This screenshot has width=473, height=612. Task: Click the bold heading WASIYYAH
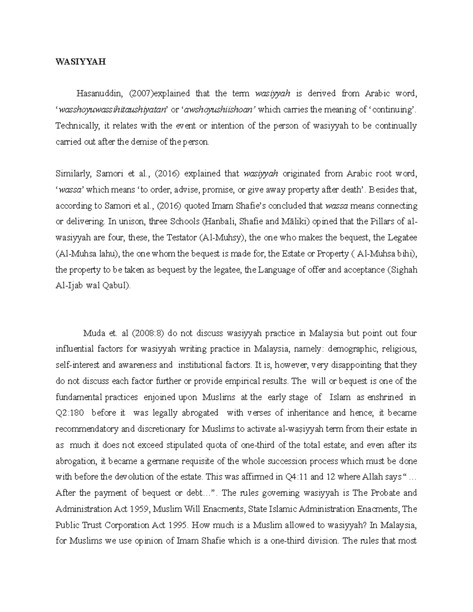(x=81, y=61)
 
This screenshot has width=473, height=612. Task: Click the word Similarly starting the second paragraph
(x=71, y=174)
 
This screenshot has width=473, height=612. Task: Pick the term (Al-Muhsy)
(x=222, y=238)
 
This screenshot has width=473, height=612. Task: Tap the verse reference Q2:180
(x=70, y=413)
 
